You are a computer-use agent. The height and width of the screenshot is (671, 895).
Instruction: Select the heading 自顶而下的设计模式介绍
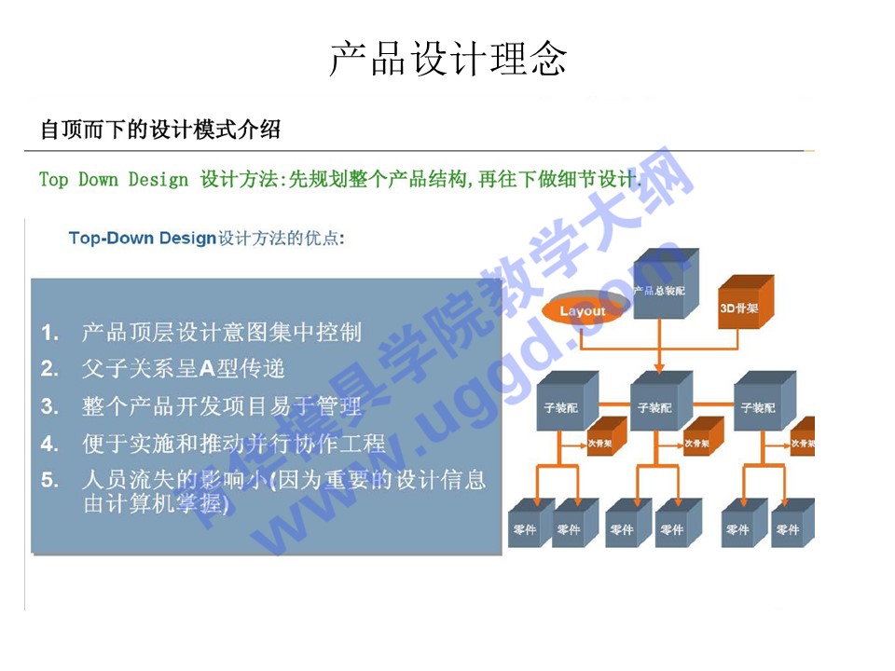coord(159,130)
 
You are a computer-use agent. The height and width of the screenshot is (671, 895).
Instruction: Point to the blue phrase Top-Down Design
coord(142,238)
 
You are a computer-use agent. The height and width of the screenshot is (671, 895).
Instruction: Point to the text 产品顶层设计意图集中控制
coord(221,332)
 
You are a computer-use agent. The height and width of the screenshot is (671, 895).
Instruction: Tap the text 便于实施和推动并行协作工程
coord(233,444)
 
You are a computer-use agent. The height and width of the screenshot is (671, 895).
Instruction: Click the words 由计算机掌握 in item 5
coord(154,504)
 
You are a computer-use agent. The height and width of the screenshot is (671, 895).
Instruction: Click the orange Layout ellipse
coord(583,311)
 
